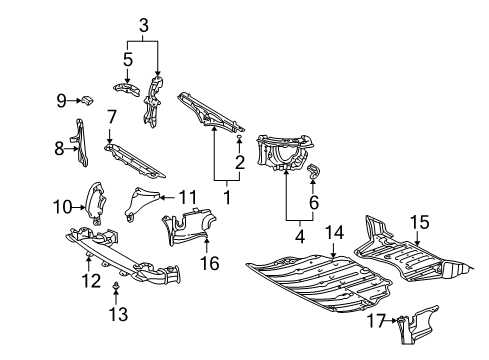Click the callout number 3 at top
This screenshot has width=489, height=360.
click(143, 24)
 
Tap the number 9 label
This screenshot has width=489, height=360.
click(62, 99)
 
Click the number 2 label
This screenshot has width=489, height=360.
click(240, 163)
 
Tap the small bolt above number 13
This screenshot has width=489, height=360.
click(115, 295)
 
